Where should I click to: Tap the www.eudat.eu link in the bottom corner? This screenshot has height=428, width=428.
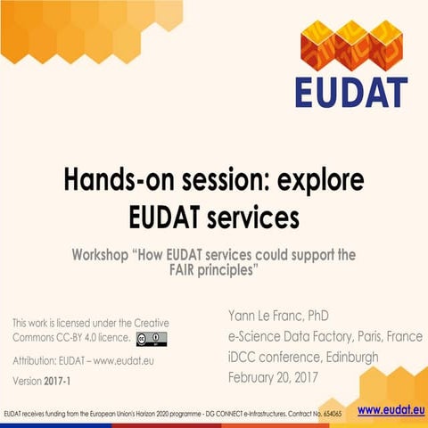pos(390,410)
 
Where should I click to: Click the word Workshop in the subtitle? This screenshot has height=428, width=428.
pos(101,255)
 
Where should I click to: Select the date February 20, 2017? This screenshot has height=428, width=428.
pos(278,376)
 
